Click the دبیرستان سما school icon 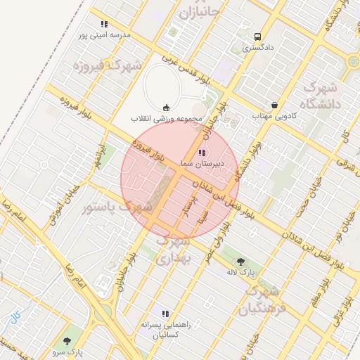pyautogui.click(x=202, y=153)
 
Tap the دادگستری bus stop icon pyautogui.click(x=258, y=37)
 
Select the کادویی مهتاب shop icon pyautogui.click(x=274, y=104)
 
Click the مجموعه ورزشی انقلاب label pyautogui.click(x=166, y=119)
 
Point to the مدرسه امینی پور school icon pyautogui.click(x=105, y=25)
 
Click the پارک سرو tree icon pyautogui.click(x=67, y=341)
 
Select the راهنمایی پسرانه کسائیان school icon pyautogui.click(x=165, y=314)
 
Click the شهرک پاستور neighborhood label pyautogui.click(x=117, y=207)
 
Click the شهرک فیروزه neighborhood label pyautogui.click(x=107, y=65)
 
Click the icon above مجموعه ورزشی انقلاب pyautogui.click(x=166, y=107)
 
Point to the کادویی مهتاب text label pyautogui.click(x=276, y=115)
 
